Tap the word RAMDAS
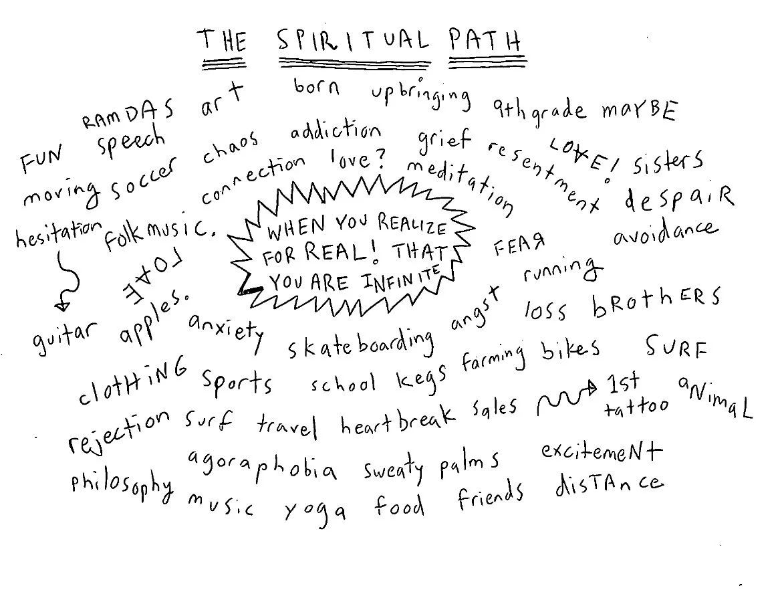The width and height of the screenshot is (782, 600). tap(128, 114)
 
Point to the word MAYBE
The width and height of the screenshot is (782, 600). tap(639, 110)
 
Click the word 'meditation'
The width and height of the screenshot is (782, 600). tap(460, 187)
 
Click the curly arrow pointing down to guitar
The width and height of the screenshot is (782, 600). tap(67, 281)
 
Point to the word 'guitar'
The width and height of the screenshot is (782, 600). tap(65, 334)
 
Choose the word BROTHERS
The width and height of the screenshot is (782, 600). tap(656, 303)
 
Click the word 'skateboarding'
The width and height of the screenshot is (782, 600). tap(361, 343)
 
